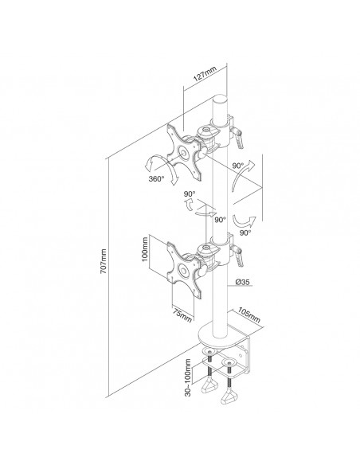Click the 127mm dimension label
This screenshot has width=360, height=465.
[205, 73]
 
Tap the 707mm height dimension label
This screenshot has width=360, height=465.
[104, 261]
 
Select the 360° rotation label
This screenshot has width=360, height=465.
[156, 179]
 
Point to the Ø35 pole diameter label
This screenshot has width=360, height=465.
[242, 282]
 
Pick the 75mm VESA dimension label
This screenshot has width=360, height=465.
[182, 314]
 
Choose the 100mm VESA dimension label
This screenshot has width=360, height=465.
[145, 249]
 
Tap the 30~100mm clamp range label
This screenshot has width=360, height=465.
[187, 377]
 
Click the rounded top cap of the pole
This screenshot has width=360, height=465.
[220, 99]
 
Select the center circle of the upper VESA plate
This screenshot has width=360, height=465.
[183, 153]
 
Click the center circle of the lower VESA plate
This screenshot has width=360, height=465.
[182, 271]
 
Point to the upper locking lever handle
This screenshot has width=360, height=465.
[239, 139]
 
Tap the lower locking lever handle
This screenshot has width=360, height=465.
[239, 257]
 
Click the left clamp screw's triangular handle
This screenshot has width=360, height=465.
[209, 386]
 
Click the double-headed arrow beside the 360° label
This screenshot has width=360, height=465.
[160, 169]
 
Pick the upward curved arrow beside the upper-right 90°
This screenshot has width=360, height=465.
[242, 174]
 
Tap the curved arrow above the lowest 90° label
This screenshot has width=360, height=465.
[244, 221]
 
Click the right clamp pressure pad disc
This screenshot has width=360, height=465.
[229, 362]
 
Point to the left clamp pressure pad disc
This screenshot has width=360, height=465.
[209, 351]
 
